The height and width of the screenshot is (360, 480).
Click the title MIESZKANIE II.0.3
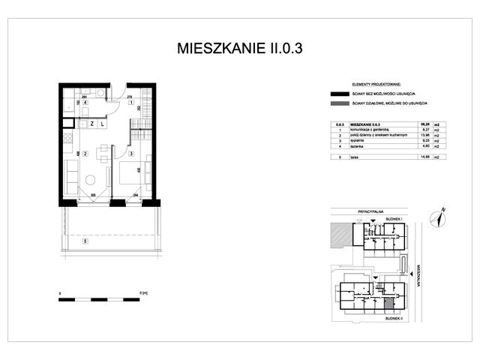click(x=239, y=49)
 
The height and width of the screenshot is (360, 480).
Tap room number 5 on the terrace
click(x=85, y=241)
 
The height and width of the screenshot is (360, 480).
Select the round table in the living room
click(x=91, y=180)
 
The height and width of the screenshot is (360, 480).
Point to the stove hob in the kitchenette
click(x=67, y=139)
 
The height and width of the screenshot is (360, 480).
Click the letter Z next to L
click(x=91, y=123)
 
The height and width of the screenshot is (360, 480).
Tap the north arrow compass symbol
click(x=437, y=216)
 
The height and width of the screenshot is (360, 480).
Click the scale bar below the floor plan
click(x=99, y=298)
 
